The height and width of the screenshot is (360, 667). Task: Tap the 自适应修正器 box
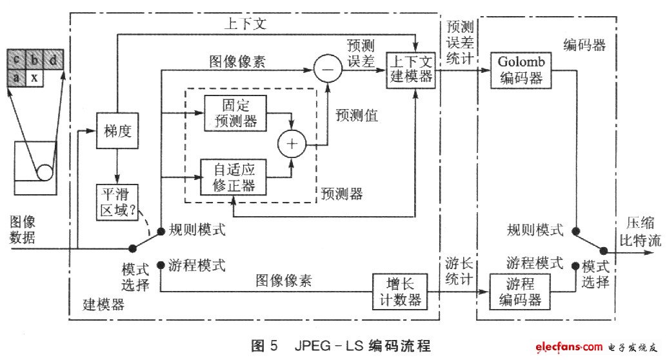(232, 175)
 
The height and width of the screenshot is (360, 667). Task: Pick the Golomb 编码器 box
(521, 70)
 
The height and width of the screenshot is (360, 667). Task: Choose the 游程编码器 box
(520, 291)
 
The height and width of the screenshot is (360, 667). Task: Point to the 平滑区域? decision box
(117, 203)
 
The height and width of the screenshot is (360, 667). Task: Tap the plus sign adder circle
(292, 145)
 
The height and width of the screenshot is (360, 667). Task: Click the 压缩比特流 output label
(641, 232)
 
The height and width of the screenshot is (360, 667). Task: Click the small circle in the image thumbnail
(45, 173)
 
